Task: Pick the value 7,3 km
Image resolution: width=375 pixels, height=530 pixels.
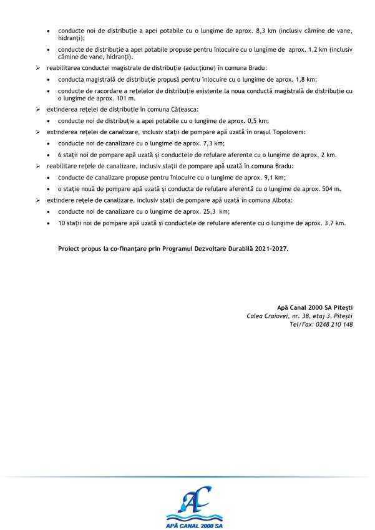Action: click(213, 143)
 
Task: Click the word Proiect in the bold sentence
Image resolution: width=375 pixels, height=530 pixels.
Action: click(69, 248)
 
